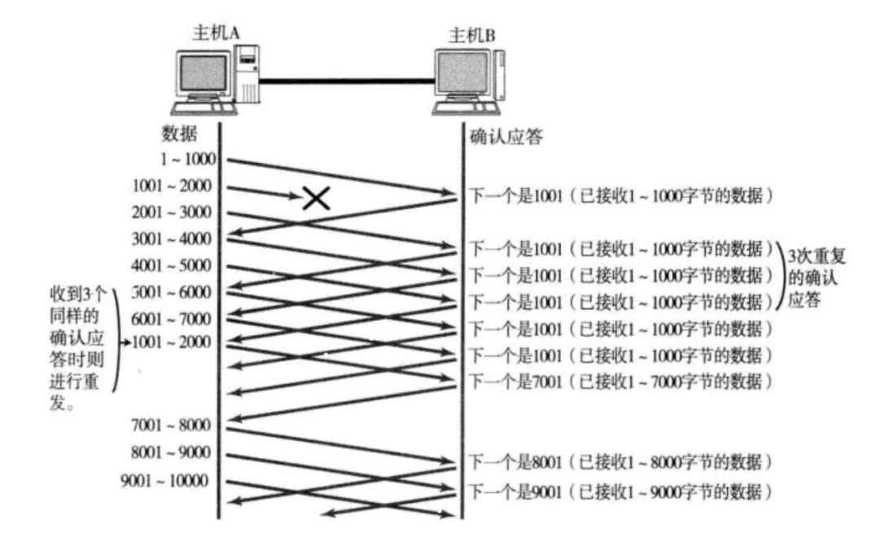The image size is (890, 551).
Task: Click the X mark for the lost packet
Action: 316,198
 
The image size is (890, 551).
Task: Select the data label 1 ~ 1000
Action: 187,159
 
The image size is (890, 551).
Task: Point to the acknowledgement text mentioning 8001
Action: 619,462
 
